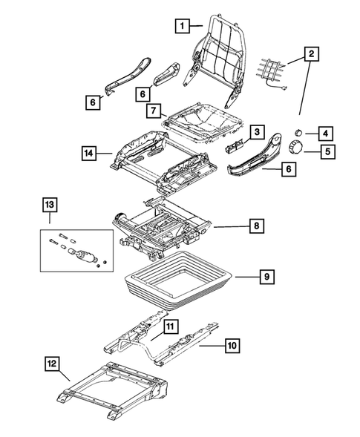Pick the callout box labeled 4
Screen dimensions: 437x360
pos(324,134)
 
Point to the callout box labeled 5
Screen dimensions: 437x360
pos(324,154)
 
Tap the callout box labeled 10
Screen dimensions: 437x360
pos(230,344)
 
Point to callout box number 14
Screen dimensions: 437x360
pos(89,154)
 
